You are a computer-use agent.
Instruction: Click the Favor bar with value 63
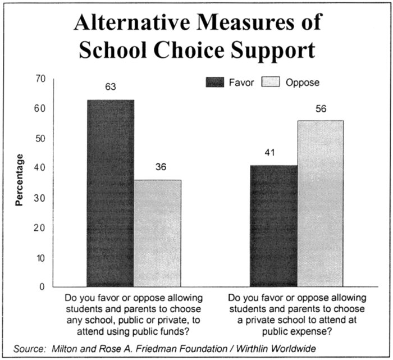click(111, 193)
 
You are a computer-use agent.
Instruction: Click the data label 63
click(111, 88)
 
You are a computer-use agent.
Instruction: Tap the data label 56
click(321, 108)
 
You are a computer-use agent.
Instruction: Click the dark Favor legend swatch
click(214, 83)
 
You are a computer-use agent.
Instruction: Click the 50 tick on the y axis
click(39, 138)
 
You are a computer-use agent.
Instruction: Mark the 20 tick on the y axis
click(39, 228)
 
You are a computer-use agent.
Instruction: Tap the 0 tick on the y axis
click(42, 288)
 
